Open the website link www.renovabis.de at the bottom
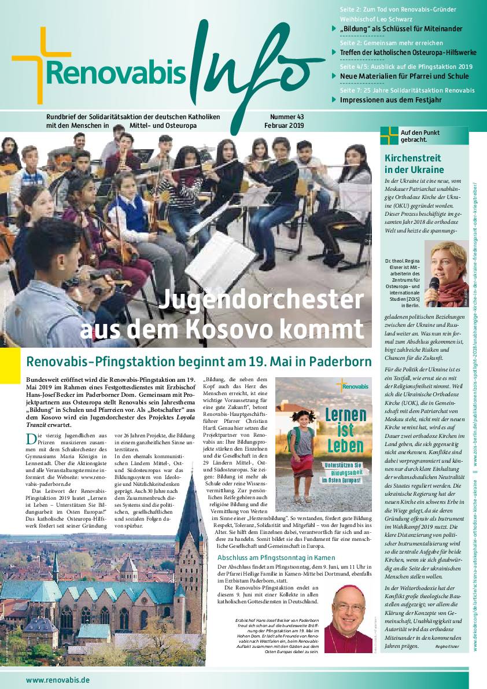pos(57,680)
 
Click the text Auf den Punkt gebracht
pos(420,136)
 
